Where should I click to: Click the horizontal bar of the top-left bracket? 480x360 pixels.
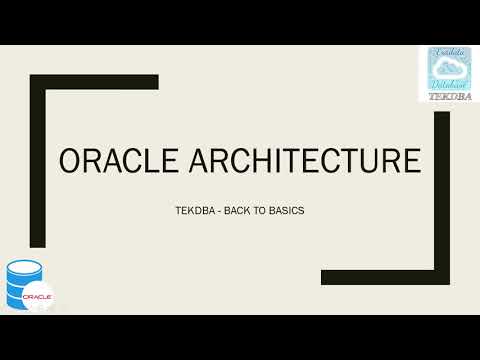pyautogui.click(x=94, y=82)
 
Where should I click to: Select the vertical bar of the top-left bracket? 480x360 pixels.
pyautogui.click(x=37, y=160)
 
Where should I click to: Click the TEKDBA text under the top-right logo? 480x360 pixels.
pyautogui.click(x=448, y=97)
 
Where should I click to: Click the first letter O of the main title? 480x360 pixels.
pyautogui.click(x=74, y=163)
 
